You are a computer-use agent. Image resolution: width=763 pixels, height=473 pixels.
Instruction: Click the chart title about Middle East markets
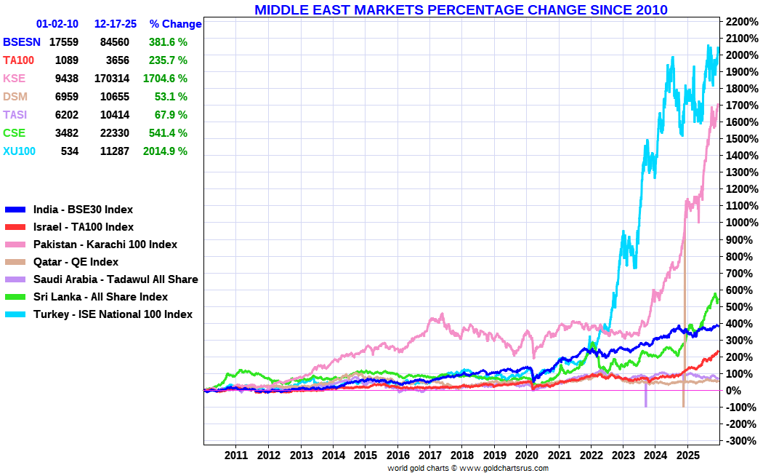coord(461,9)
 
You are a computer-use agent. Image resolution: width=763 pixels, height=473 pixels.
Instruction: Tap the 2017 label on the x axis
coord(429,456)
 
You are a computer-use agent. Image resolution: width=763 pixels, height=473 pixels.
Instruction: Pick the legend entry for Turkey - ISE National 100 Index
coord(113,314)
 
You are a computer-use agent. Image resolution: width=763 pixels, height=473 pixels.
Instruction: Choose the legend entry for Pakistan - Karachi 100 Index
coord(105,245)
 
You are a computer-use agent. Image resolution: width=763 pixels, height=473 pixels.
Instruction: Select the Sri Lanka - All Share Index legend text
coord(100,297)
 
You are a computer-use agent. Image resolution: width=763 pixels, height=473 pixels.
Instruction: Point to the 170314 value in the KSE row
coord(112,78)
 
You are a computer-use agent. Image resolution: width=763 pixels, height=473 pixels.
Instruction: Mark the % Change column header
coord(175,24)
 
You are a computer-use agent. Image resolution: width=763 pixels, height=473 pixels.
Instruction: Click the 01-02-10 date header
coord(57,24)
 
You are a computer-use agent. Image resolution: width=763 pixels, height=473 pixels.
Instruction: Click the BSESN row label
coord(22,42)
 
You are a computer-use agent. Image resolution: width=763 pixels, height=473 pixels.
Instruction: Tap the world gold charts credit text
coord(467,468)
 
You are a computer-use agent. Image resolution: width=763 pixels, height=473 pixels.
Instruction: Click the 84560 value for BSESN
coord(115,42)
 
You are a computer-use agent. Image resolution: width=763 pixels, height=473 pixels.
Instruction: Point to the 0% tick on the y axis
coord(735,391)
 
